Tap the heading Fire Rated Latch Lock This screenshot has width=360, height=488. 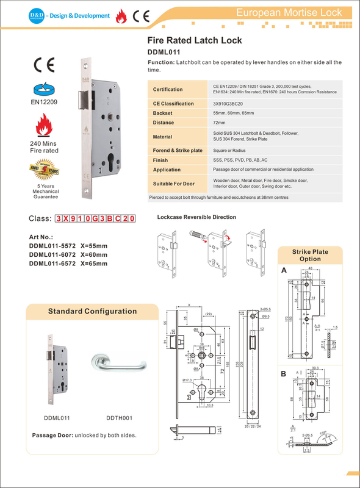[x=195, y=40]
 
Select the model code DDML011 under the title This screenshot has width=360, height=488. [x=164, y=52]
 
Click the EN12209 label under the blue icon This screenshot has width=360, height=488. [x=44, y=102]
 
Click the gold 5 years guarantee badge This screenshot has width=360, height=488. [x=44, y=168]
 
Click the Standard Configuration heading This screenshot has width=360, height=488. [x=92, y=312]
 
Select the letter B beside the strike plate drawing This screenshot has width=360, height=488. [x=283, y=373]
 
